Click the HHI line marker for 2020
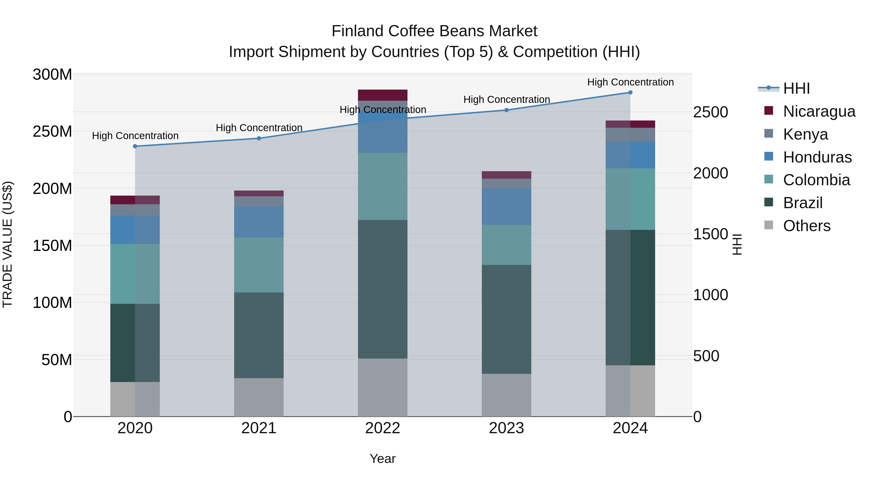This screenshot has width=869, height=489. tap(135, 146)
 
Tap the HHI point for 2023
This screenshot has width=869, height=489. tap(506, 110)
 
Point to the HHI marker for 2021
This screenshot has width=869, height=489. tap(259, 138)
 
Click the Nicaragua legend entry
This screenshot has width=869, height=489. tap(819, 111)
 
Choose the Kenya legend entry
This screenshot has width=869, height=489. tap(805, 134)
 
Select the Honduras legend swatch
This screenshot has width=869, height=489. tap(769, 156)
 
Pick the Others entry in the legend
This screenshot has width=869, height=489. tap(806, 226)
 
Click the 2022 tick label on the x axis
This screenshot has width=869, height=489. tap(383, 428)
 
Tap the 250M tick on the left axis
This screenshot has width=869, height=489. tap(52, 131)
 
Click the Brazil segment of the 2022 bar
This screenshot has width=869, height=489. tap(383, 289)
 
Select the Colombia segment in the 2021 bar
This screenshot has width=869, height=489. tap(259, 265)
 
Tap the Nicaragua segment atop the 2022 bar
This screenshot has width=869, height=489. tap(383, 95)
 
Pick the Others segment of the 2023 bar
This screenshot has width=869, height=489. tap(506, 395)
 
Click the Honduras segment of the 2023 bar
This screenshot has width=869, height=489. tap(506, 206)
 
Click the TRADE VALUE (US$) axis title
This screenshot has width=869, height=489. tap(8, 245)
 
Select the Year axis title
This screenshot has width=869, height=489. tap(383, 459)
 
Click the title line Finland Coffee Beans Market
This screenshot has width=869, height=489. tap(434, 31)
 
